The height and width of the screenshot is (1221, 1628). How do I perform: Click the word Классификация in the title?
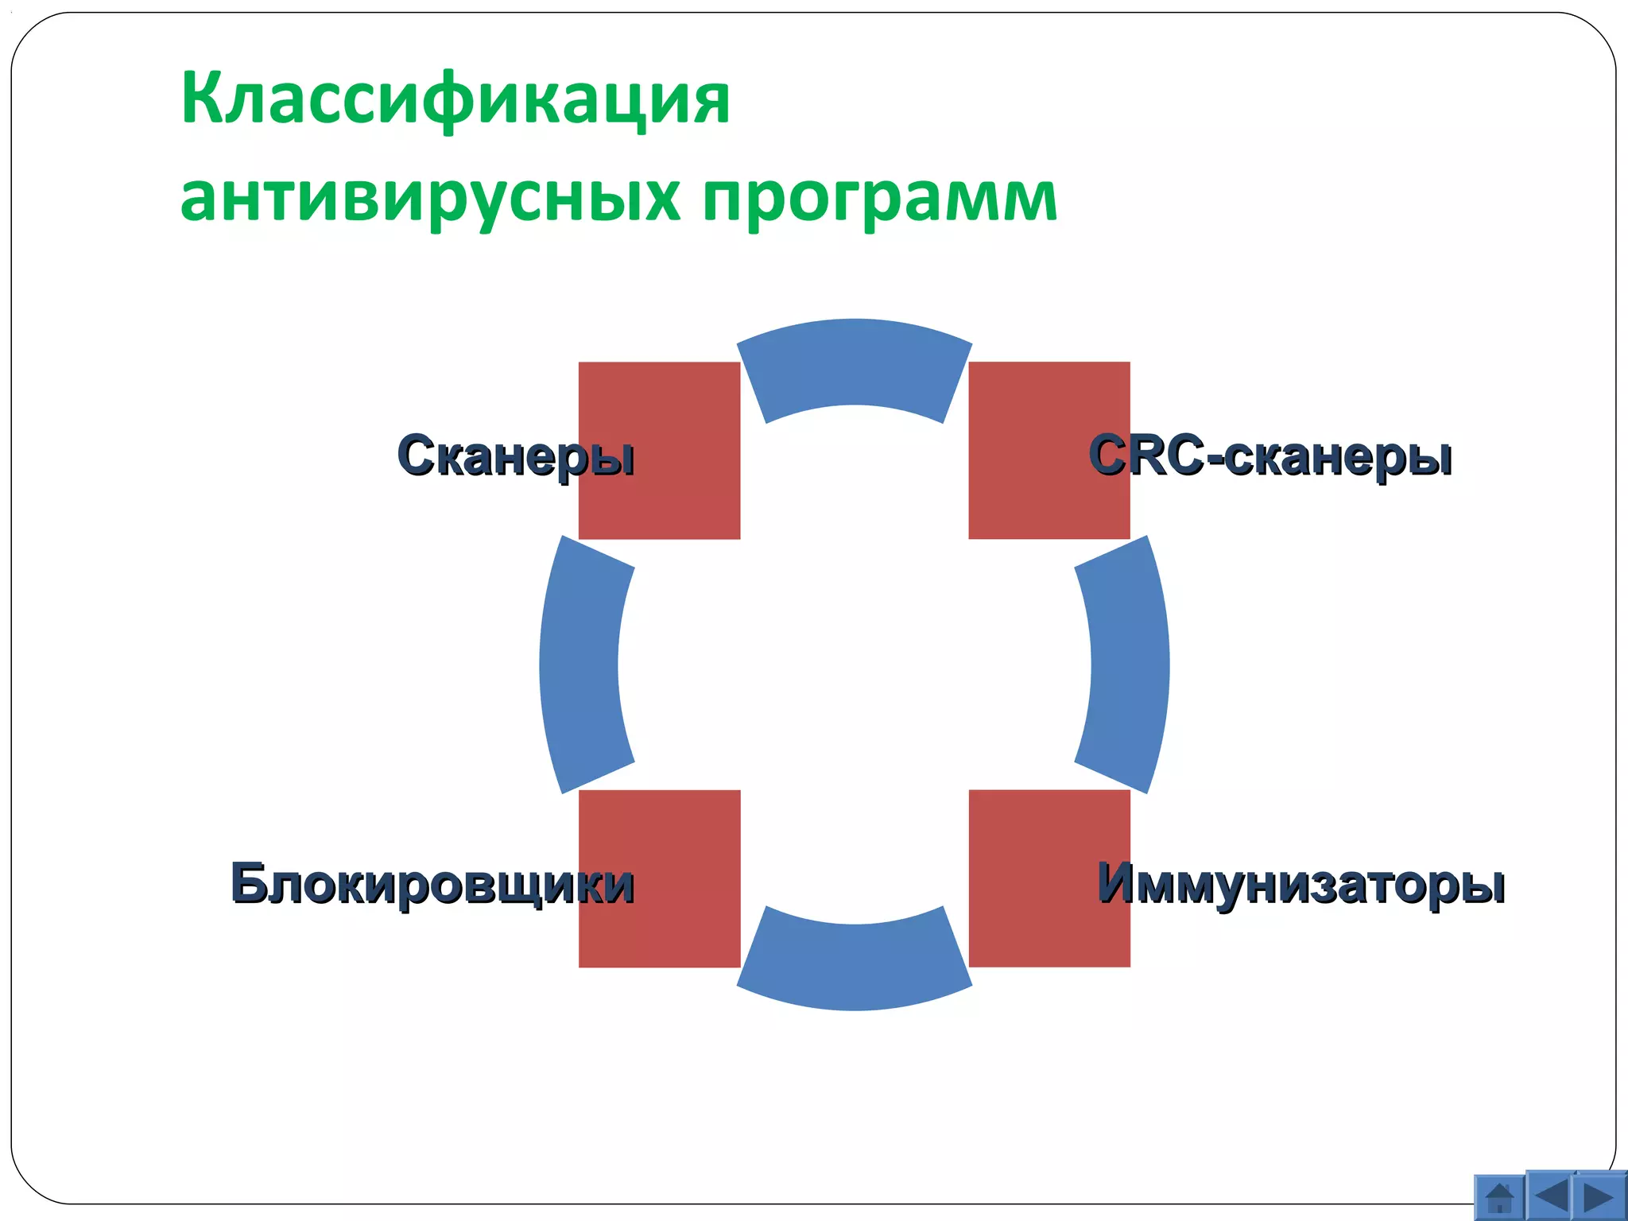[x=455, y=99]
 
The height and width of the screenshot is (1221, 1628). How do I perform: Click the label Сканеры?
[x=515, y=456]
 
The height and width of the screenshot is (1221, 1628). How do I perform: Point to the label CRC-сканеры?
[x=1269, y=456]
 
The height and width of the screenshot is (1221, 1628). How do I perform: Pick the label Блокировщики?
[x=432, y=883]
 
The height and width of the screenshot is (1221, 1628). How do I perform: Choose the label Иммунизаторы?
[x=1300, y=883]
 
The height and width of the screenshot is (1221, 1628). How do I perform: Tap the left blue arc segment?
[x=580, y=665]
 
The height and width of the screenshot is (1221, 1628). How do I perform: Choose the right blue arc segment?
[x=1129, y=665]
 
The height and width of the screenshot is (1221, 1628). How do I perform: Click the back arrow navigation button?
[x=1551, y=1196]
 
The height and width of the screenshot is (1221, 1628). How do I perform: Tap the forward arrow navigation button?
[x=1600, y=1196]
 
